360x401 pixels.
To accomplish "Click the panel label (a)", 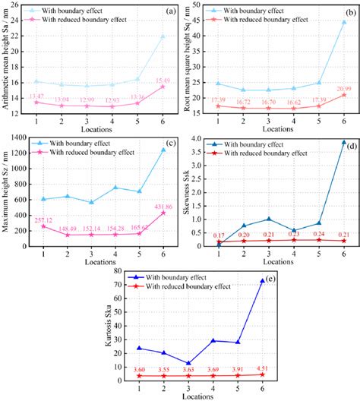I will [x=170, y=9].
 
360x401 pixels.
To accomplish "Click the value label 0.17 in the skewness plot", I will [x=219, y=236].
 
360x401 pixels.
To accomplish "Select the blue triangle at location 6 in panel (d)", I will [x=344, y=142].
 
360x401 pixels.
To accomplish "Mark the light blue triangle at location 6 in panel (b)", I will [x=344, y=22].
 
